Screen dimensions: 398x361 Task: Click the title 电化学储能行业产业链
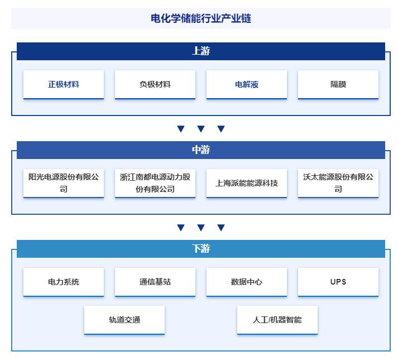[201, 18]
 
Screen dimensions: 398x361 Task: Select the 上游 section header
[201, 51]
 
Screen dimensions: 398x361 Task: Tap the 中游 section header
[201, 150]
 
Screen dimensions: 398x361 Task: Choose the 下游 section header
[201, 249]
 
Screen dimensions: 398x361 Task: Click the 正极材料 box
[64, 84]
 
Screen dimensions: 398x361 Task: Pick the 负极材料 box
[155, 84]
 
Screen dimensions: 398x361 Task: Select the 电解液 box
[247, 84]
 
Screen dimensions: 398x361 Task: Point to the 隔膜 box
[338, 84]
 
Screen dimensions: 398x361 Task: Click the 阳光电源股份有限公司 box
[64, 183]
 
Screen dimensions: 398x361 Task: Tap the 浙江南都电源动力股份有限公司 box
[155, 183]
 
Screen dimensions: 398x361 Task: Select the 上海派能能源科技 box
[247, 183]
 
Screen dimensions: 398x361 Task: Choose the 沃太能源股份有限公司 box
[338, 183]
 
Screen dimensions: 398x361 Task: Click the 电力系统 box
[64, 282]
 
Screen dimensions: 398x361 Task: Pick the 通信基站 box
[155, 282]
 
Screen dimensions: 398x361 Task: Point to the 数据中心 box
[247, 282]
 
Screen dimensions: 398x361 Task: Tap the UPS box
[338, 282]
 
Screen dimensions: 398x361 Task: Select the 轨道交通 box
[124, 320]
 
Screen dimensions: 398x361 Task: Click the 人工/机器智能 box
[277, 320]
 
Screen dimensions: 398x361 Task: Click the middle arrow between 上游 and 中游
[201, 129]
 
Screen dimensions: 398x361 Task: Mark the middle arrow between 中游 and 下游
[201, 228]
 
